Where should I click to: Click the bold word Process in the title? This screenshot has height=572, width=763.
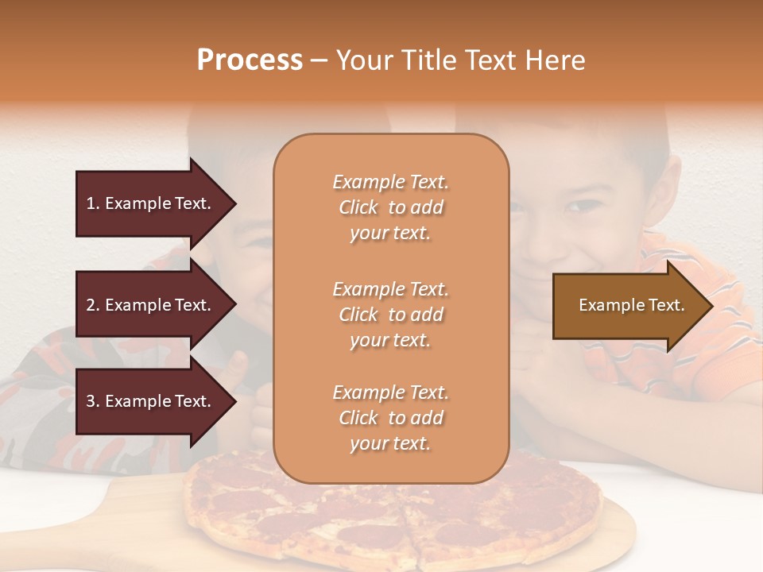click(250, 60)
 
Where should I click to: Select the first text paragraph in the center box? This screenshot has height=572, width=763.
click(390, 207)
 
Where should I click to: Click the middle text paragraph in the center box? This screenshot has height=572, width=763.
click(390, 315)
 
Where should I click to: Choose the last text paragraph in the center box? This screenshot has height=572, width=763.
click(390, 418)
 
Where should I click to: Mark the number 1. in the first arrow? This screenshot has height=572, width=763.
click(93, 203)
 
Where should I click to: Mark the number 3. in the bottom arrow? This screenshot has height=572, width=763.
click(93, 401)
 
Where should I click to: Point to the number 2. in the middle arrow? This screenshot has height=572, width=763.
click(93, 305)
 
